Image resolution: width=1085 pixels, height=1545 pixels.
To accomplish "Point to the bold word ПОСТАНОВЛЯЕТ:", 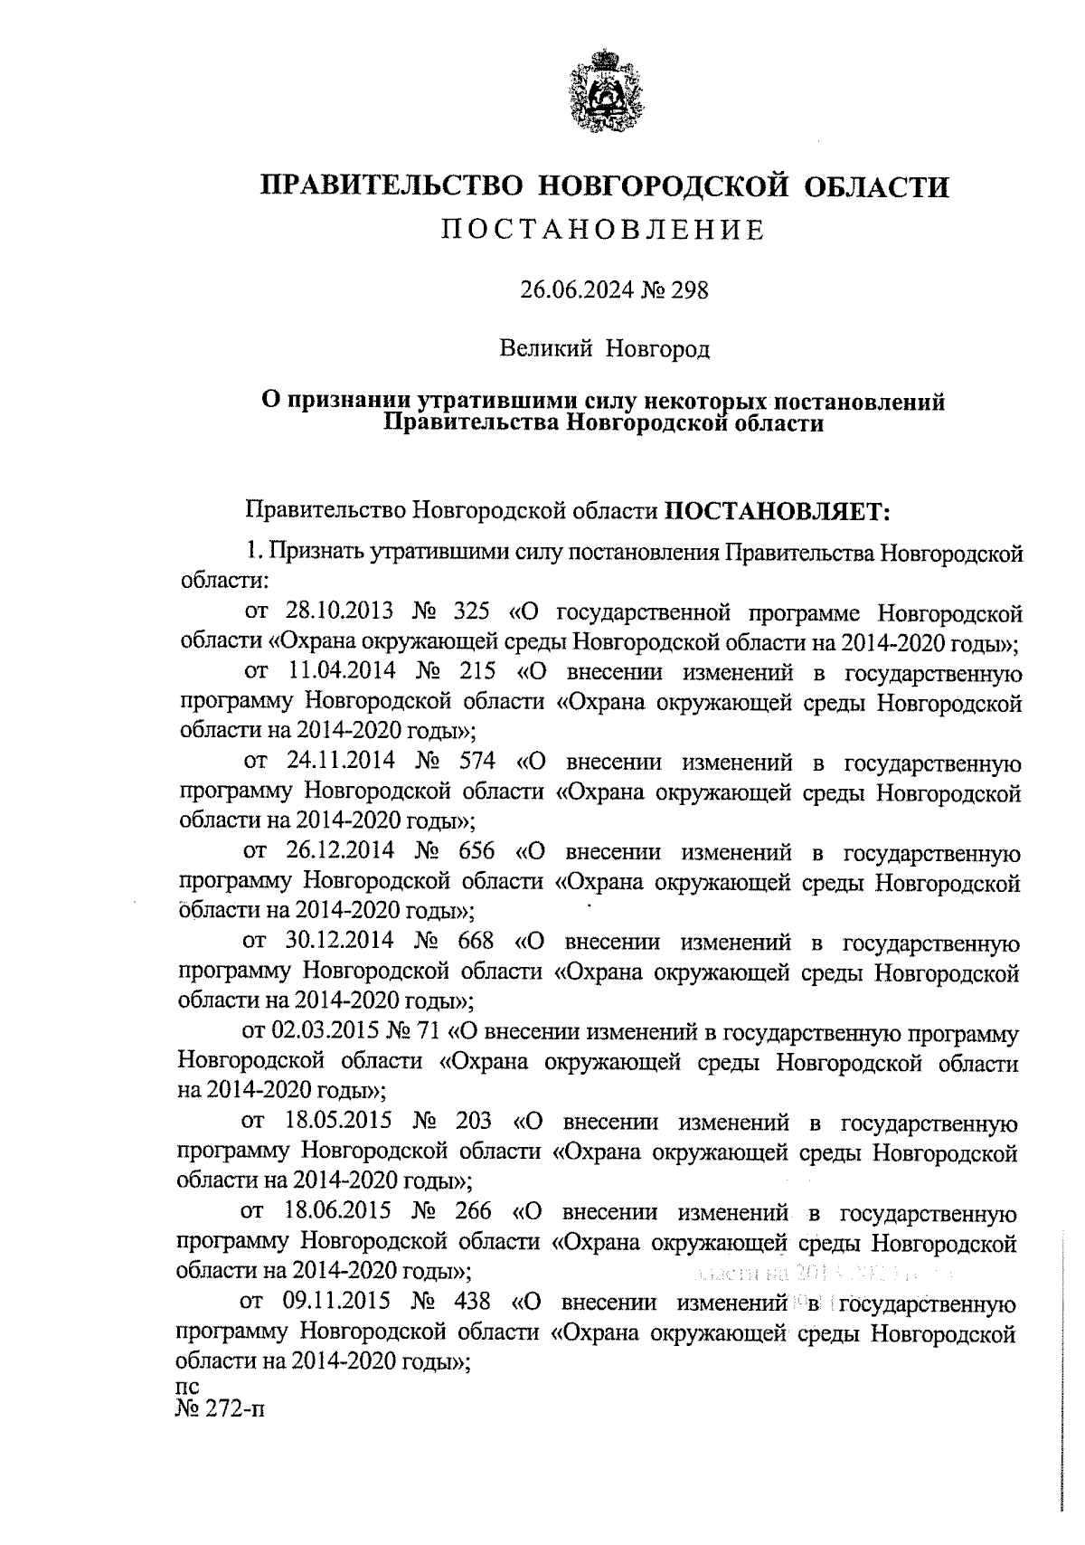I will [x=778, y=512].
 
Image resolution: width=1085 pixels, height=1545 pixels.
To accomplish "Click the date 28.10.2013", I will [x=340, y=614].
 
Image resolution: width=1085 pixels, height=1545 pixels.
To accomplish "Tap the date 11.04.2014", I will [x=340, y=673].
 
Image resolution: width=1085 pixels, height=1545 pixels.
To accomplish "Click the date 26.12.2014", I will [x=340, y=852].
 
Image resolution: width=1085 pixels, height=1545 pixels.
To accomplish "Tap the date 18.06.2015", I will [x=338, y=1212].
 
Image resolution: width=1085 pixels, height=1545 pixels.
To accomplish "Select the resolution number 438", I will [x=473, y=1302].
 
